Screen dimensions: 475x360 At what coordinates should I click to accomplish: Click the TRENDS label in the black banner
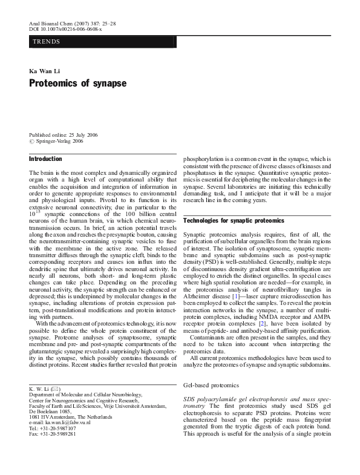click(x=47, y=43)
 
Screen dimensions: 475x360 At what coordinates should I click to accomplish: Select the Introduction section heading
click(x=45, y=159)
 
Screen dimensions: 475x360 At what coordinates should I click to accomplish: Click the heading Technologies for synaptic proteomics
click(x=233, y=221)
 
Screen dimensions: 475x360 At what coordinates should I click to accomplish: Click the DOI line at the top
click(x=65, y=28)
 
